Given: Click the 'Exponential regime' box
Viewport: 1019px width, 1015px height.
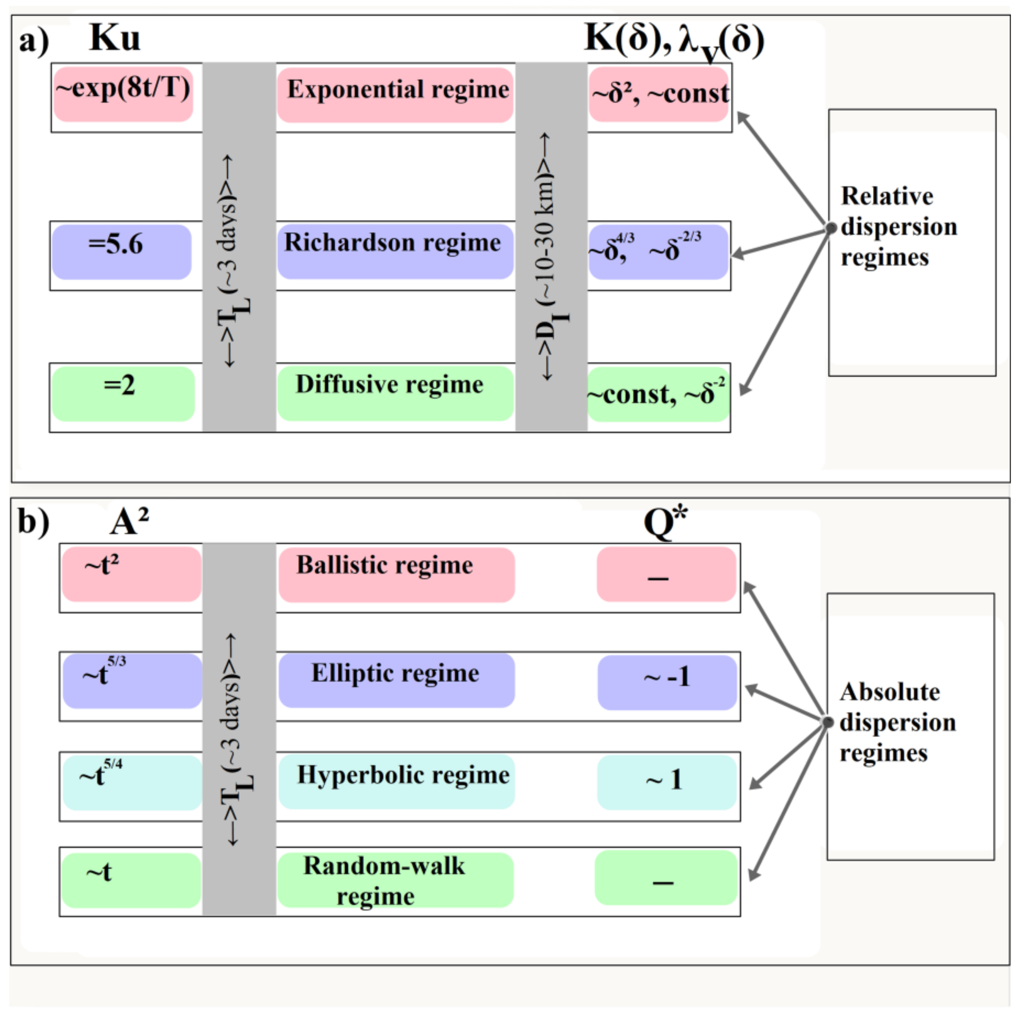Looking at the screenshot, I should pyautogui.click(x=395, y=94).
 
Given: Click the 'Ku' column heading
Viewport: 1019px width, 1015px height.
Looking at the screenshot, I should pyautogui.click(x=115, y=38).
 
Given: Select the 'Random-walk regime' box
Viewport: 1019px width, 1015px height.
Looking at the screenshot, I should pyautogui.click(x=395, y=879).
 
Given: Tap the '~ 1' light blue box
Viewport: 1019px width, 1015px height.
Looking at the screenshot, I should pyautogui.click(x=666, y=781).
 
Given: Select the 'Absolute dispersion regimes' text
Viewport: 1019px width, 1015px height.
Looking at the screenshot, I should pyautogui.click(x=897, y=722).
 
